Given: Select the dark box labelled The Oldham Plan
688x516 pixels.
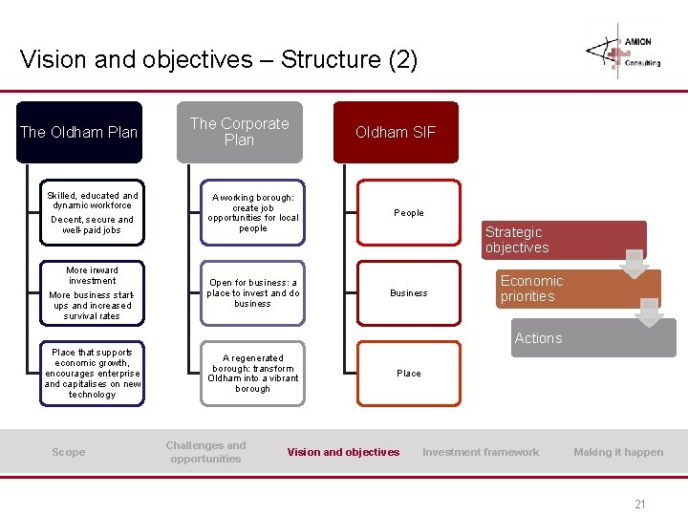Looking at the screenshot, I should [x=79, y=132].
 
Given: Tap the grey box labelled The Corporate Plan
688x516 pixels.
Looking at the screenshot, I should [x=239, y=132].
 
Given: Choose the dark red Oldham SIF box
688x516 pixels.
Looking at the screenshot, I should [x=396, y=132].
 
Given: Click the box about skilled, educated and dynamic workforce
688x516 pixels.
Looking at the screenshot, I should [x=93, y=212].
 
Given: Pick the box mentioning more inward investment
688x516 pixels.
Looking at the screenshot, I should [x=93, y=292].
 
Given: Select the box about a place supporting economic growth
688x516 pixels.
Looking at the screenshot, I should [x=93, y=374].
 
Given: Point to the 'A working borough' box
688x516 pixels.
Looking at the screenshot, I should [x=253, y=212].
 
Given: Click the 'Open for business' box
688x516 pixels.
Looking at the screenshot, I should [x=253, y=292].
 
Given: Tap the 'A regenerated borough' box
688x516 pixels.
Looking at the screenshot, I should [x=253, y=374].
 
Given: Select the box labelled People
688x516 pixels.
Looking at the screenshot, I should [x=409, y=212].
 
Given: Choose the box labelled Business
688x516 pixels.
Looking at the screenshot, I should [x=409, y=292].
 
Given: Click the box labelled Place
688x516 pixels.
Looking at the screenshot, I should [x=409, y=374].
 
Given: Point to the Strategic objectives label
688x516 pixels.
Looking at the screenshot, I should [x=517, y=240].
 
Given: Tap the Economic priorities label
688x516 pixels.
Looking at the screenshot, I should [x=531, y=289].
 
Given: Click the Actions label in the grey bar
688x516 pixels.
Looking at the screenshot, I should [x=538, y=338].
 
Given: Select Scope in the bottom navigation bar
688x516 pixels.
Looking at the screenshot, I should [x=68, y=452].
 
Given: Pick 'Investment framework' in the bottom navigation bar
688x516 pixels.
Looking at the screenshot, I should [x=481, y=452].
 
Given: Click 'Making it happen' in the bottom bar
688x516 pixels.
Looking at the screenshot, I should [x=618, y=452].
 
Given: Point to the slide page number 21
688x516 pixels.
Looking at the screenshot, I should [x=639, y=504].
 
